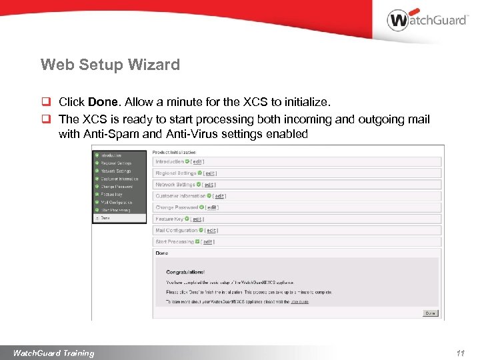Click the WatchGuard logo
[x=427, y=19]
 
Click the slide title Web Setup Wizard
[x=110, y=65]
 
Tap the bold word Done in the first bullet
[x=103, y=103]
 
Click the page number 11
[x=460, y=353]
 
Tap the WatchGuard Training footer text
[x=54, y=353]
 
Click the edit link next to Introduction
[x=197, y=162]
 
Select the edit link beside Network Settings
[x=209, y=185]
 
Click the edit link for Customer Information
[x=219, y=196]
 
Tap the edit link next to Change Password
[x=212, y=207]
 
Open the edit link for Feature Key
[x=197, y=219]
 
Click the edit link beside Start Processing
[x=207, y=241]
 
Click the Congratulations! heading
[x=185, y=272]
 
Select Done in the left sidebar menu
[x=107, y=218]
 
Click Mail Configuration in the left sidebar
[x=116, y=202]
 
